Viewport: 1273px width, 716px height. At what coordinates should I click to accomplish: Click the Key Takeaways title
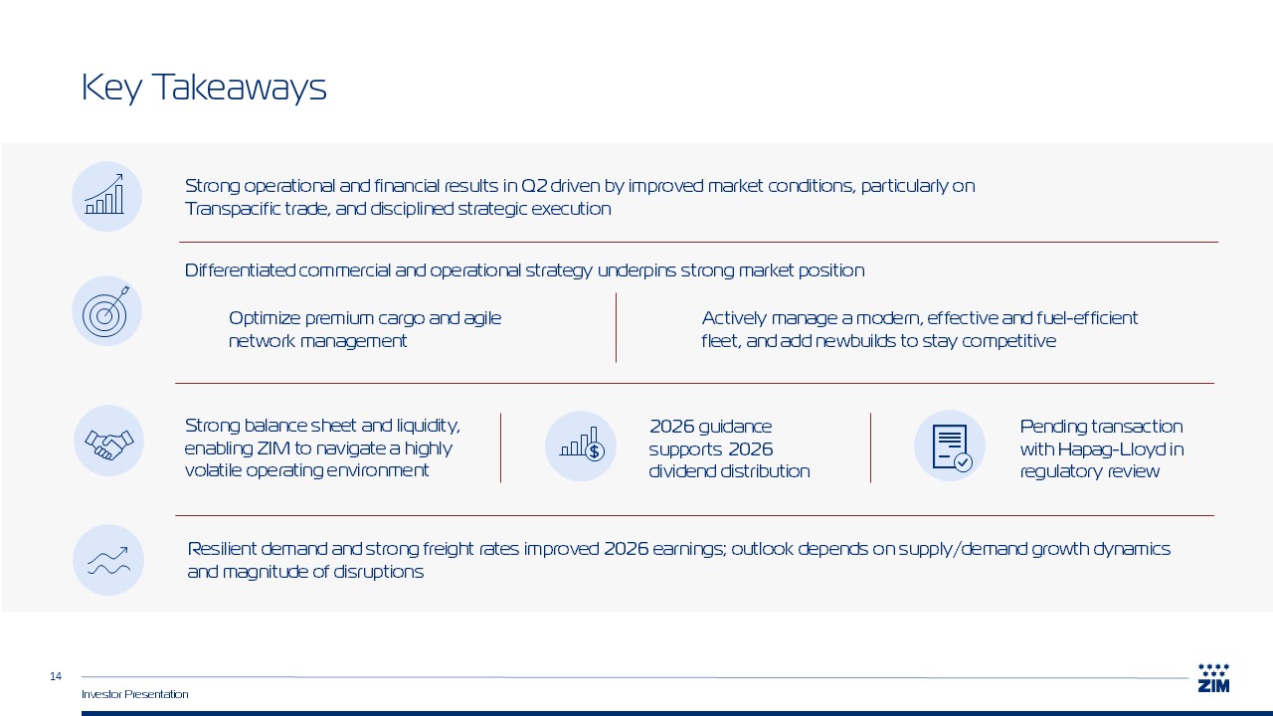point(204,88)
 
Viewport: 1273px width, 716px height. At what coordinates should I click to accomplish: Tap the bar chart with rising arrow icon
point(105,194)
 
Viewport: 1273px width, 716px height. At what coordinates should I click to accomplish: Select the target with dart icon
point(106,311)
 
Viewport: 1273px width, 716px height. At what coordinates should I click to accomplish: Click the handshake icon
point(108,444)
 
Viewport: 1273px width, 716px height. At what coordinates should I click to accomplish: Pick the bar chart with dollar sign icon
point(582,444)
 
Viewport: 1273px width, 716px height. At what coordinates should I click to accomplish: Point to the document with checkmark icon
point(952,447)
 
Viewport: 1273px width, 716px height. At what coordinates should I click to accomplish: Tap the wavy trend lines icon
point(108,561)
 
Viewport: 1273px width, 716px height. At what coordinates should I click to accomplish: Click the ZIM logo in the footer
point(1213,678)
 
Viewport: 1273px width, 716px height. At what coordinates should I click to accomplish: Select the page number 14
point(55,676)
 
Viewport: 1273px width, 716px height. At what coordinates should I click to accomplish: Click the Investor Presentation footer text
point(134,694)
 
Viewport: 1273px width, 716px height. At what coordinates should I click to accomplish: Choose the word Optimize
point(265,318)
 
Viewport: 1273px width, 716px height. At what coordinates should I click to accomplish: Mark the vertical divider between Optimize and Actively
point(616,328)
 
